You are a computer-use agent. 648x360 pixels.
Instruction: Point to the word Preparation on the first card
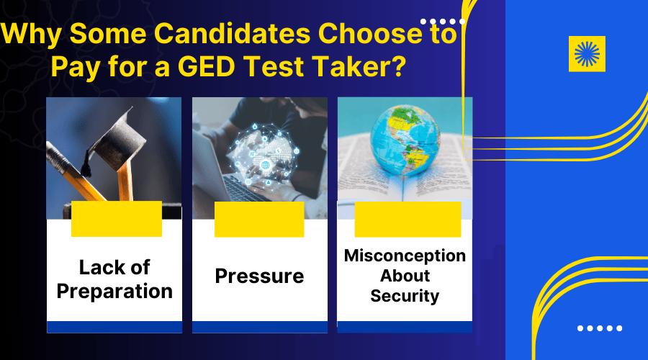115,291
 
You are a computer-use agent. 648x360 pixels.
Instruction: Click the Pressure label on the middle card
259,276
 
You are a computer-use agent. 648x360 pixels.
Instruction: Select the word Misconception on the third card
405,256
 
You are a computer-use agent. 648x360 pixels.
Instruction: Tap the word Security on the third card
405,295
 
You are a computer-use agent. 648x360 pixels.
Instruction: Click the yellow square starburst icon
587,53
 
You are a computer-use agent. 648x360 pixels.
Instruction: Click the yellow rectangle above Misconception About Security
408,219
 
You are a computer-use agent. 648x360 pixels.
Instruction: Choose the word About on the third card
405,276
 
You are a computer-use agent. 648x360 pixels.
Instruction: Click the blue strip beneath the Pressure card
259,327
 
